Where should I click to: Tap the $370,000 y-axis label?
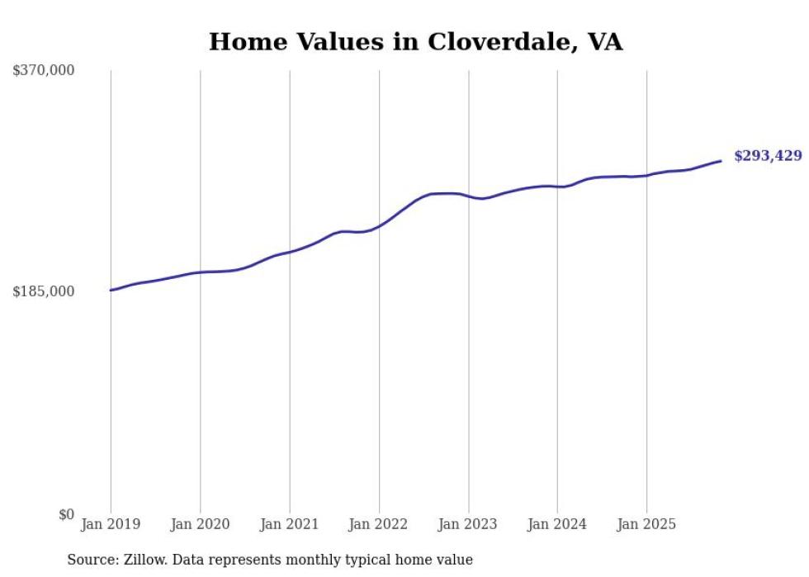[x=44, y=70]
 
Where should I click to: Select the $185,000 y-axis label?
[x=44, y=291]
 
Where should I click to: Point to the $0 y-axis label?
[x=66, y=514]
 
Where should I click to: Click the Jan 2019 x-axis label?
[x=111, y=524]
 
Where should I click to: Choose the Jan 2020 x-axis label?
[x=200, y=524]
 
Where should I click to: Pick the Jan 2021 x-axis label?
[x=289, y=524]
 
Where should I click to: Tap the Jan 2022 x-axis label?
[x=378, y=524]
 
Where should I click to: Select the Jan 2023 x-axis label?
[x=468, y=524]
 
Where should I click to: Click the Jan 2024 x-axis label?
[x=557, y=524]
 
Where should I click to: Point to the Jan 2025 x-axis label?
[x=646, y=524]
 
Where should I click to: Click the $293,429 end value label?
[x=767, y=156]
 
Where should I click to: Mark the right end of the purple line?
[x=721, y=161]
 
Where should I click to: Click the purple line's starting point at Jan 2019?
[x=111, y=290]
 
